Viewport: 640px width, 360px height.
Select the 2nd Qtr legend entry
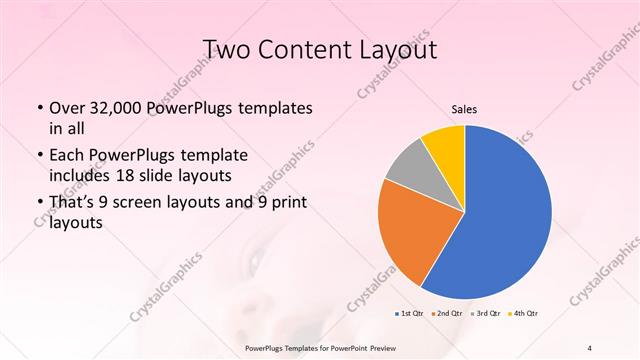coord(447,313)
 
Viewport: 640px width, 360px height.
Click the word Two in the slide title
coord(226,50)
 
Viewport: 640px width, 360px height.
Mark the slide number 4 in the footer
coord(589,347)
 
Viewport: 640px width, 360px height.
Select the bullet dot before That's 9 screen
coord(38,203)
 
